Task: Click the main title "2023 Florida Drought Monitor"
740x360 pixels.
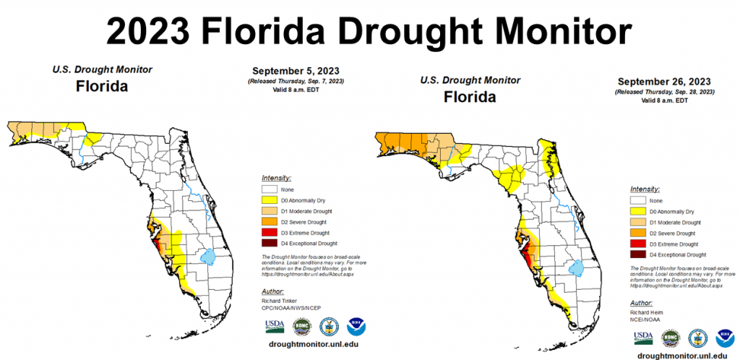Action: click(369, 31)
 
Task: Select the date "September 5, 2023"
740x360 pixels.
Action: click(296, 71)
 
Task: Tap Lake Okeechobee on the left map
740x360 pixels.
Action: click(208, 256)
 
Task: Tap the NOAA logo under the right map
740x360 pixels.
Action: click(724, 338)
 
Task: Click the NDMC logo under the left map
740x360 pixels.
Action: click(300, 326)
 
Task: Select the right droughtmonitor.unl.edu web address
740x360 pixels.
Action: click(684, 356)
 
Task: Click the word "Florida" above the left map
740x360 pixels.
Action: click(102, 88)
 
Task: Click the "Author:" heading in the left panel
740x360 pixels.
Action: click(276, 291)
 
